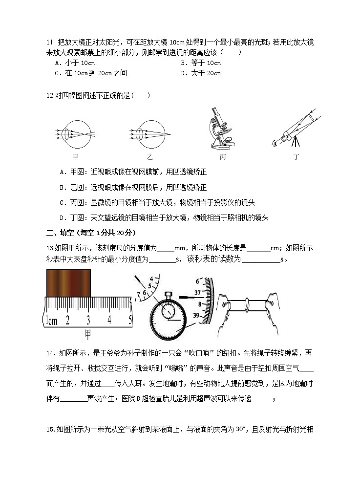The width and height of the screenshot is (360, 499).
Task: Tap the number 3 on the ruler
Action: [88, 320]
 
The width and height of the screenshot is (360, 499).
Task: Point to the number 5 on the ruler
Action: [130, 320]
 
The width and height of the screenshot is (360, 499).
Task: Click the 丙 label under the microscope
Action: [223, 157]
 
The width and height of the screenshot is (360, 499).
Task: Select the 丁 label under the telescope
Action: [295, 157]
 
